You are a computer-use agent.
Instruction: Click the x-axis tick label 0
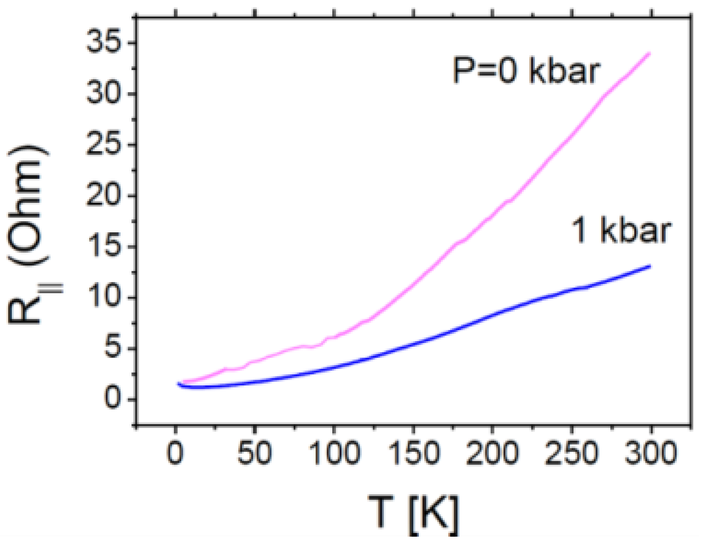pyautogui.click(x=175, y=453)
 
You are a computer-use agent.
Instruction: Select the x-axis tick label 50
pyautogui.click(x=254, y=453)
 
